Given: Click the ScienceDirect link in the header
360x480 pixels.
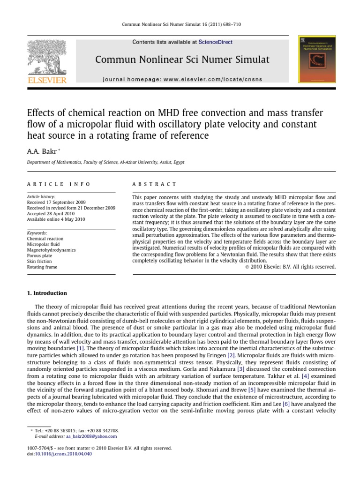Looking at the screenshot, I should tap(215, 42).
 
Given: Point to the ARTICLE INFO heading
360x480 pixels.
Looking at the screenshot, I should tap(59, 184).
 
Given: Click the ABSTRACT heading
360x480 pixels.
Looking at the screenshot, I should tap(155, 184).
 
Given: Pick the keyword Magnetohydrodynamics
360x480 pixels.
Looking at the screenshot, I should tap(51, 250).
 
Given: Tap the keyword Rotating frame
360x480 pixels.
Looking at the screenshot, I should tap(42, 267).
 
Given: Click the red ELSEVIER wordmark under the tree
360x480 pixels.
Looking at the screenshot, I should tap(47, 80).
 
